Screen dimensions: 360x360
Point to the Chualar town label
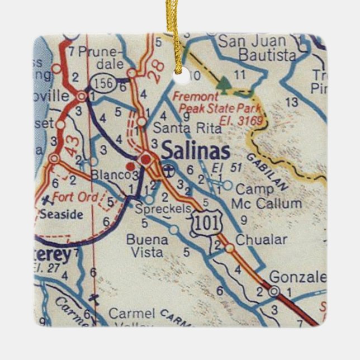(x=261, y=240)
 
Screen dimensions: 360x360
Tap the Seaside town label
(x=61, y=215)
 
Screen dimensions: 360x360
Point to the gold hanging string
(x=181, y=34)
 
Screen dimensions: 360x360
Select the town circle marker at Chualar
(x=229, y=248)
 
